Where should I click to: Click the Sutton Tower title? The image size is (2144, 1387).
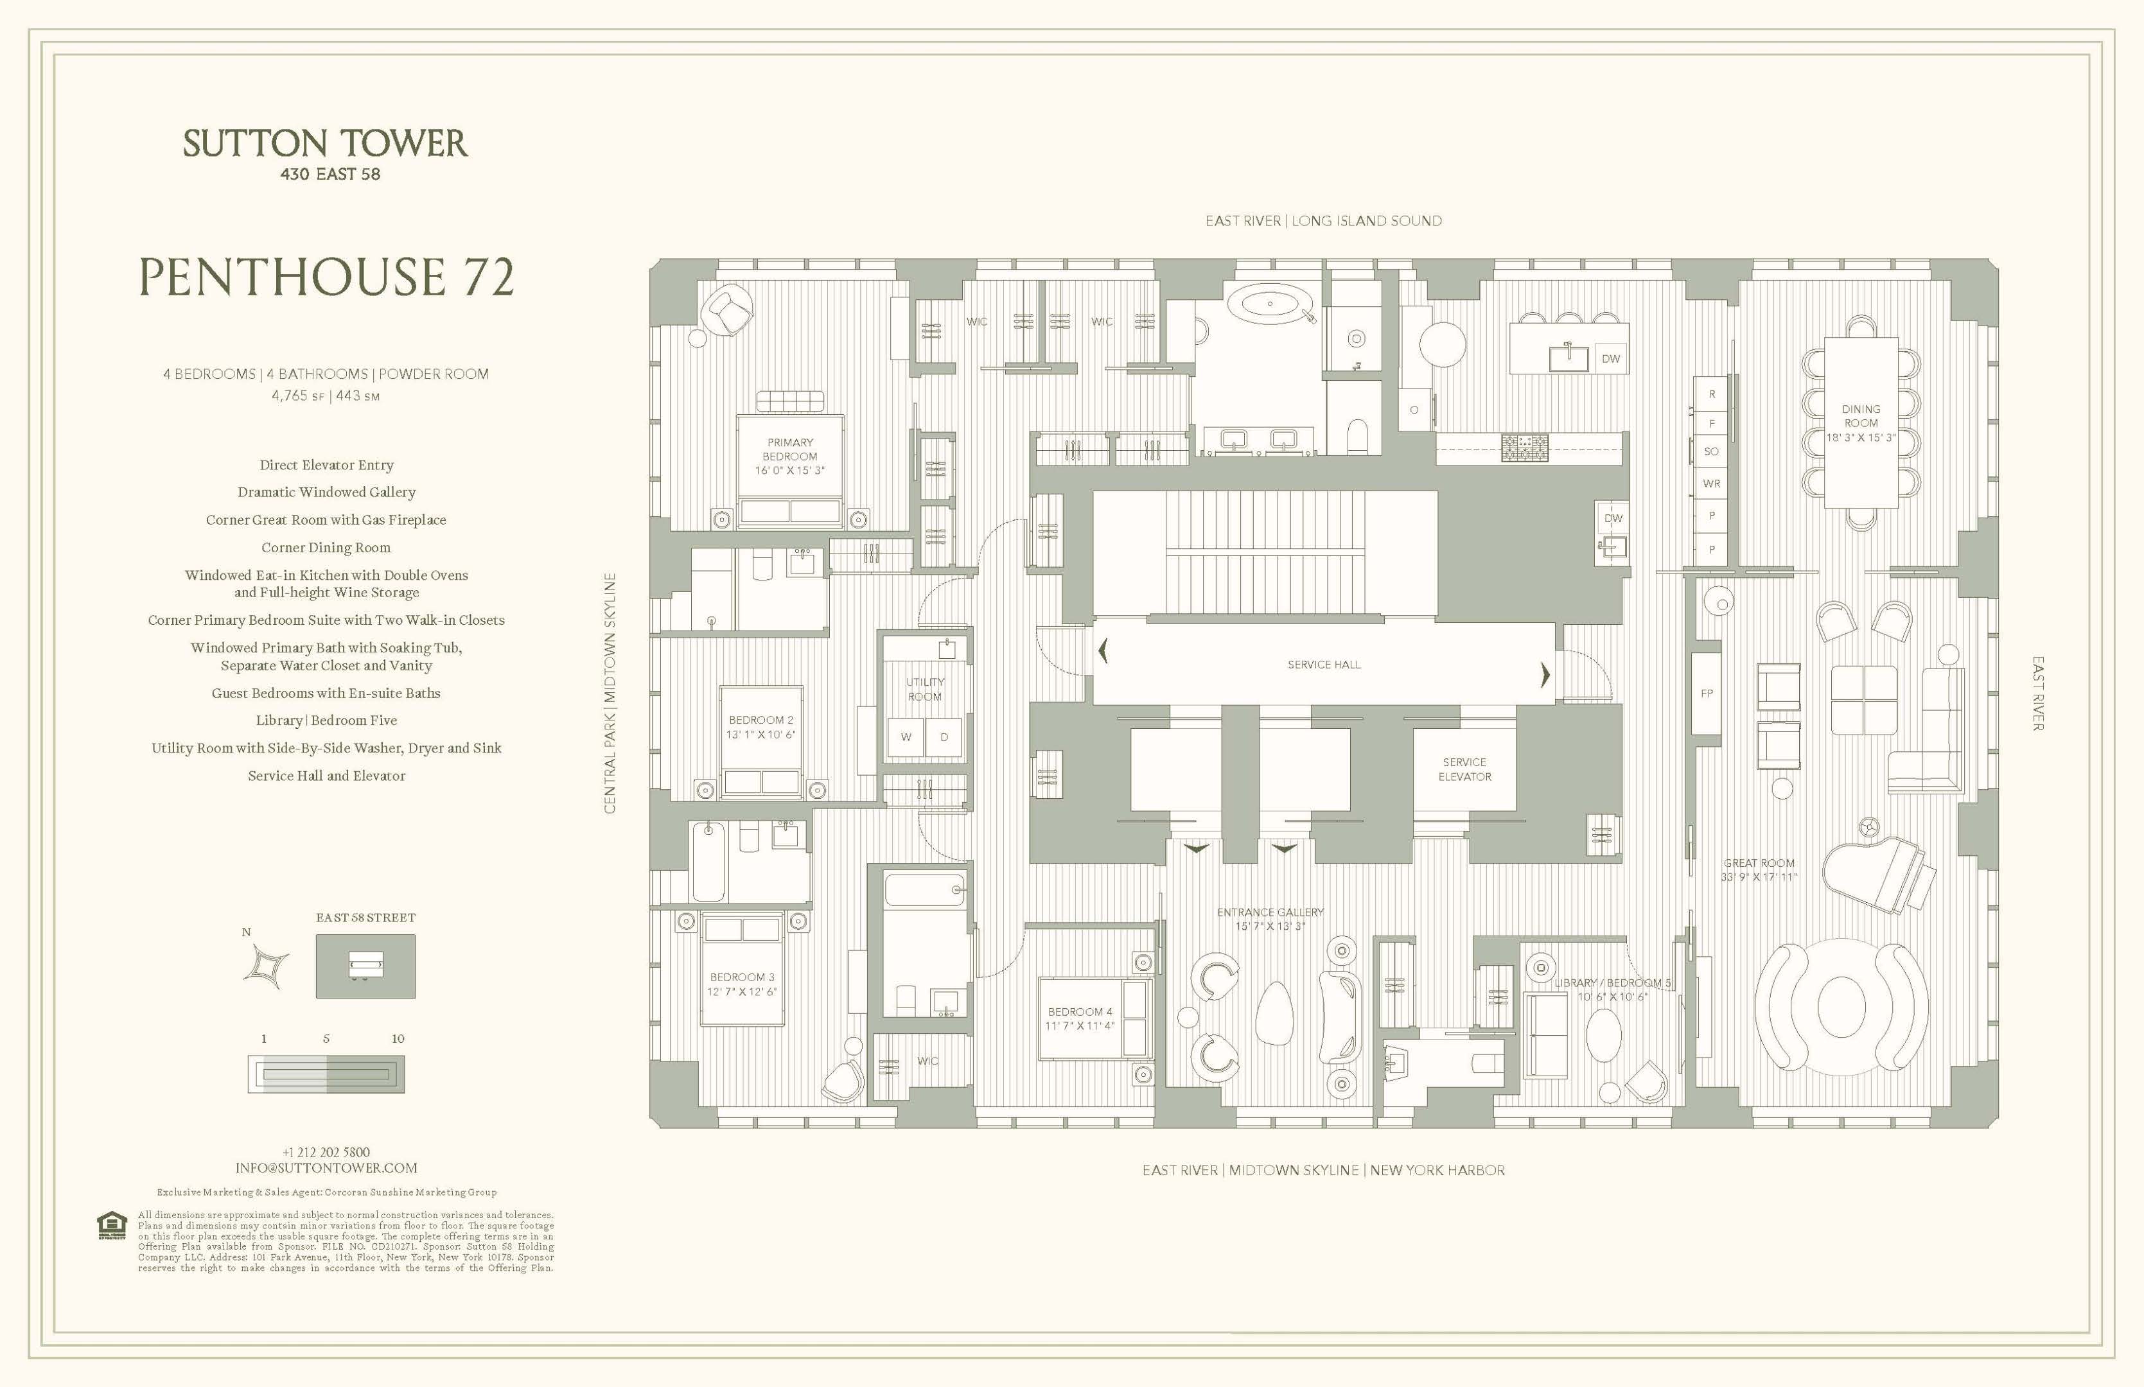tap(325, 144)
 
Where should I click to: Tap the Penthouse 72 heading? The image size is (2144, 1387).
tap(326, 277)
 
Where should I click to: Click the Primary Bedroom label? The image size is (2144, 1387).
tap(789, 457)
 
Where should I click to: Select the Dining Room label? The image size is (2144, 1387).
tap(1860, 423)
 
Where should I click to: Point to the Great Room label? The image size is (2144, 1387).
tap(1759, 869)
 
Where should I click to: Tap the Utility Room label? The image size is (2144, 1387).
tap(925, 689)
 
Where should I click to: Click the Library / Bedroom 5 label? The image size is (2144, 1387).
tap(1611, 989)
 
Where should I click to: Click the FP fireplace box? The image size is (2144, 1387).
tap(1706, 693)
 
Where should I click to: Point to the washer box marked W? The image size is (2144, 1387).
tap(906, 737)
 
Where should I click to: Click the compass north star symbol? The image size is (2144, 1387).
tap(268, 966)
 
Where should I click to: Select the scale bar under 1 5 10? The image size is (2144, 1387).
tap(326, 1074)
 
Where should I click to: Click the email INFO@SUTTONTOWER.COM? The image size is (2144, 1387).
tap(326, 1168)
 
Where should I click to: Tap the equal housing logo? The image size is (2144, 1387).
tap(112, 1226)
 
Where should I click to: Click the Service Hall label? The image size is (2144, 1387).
tap(1323, 665)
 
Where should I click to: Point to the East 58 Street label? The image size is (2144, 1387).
tap(365, 918)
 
